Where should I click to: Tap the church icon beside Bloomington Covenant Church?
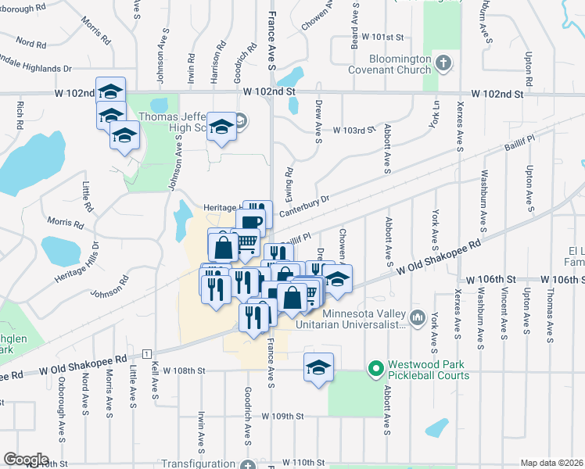point(444,63)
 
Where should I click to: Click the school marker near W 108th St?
point(318,367)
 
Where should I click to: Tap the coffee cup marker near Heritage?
point(251,222)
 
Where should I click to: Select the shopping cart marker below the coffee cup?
point(247,243)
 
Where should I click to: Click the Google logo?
point(26,460)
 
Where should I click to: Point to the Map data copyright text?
point(551,463)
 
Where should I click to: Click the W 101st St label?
point(382,37)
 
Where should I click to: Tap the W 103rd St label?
point(349,130)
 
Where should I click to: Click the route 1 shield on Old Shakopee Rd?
point(146,354)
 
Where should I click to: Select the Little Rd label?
point(87,197)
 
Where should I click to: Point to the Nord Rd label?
point(30,43)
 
